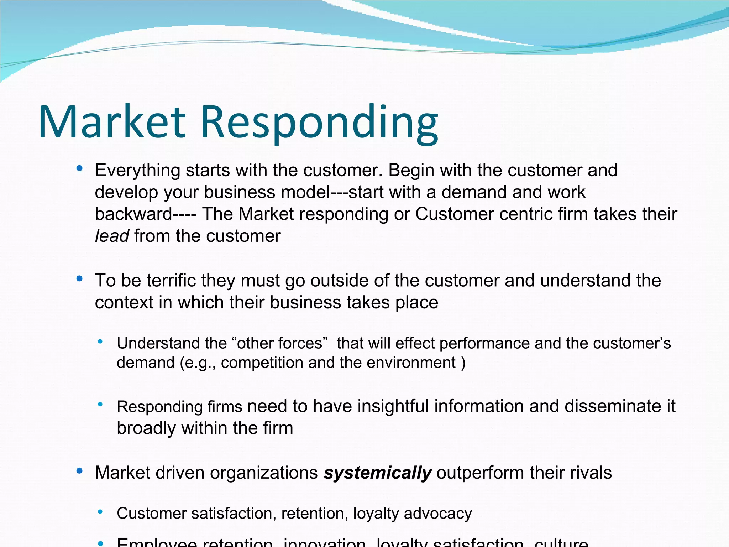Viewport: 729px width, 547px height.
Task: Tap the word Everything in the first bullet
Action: [x=138, y=171]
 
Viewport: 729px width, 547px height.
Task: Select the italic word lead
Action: [x=112, y=236]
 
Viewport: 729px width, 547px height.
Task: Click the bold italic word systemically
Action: [x=377, y=473]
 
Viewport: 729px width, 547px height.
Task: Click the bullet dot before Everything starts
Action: [x=79, y=168]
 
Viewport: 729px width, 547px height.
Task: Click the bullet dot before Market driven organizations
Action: [x=79, y=471]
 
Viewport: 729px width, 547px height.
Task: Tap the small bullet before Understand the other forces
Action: [x=100, y=342]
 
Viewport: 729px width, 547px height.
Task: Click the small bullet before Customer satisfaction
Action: [x=100, y=512]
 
